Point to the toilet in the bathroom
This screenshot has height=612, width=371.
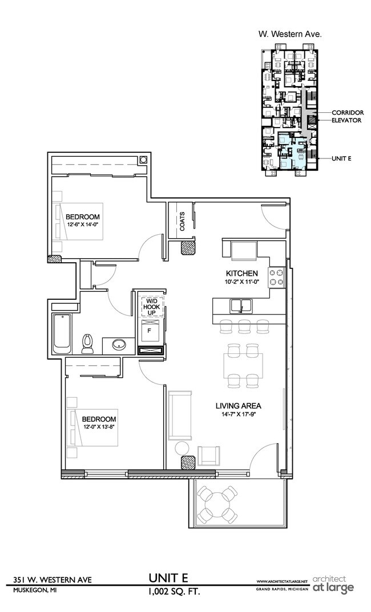pyautogui.click(x=88, y=341)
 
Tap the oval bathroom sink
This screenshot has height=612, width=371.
pyautogui.click(x=120, y=345)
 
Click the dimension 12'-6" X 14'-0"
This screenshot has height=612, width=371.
pyautogui.click(x=82, y=225)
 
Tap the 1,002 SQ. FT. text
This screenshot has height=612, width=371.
pyautogui.click(x=174, y=592)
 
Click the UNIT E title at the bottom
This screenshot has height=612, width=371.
pyautogui.click(x=174, y=579)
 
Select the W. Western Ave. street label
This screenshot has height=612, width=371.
pyautogui.click(x=290, y=34)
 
